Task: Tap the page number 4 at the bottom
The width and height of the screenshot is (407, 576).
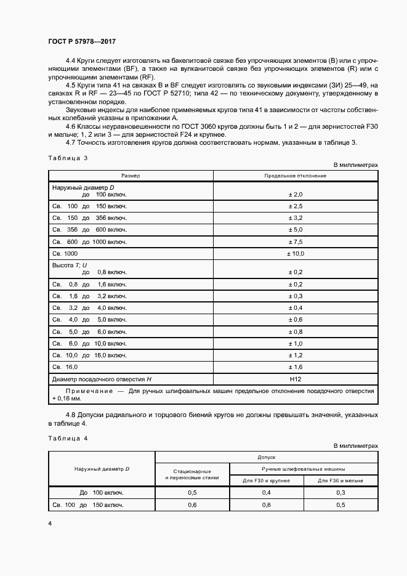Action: (x=50, y=524)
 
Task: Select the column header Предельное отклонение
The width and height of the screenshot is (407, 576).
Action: (x=295, y=176)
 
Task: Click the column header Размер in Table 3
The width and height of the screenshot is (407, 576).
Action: (x=131, y=176)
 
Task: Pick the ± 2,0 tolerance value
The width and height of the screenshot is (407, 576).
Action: (x=296, y=194)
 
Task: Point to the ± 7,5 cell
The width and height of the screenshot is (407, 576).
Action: (x=296, y=241)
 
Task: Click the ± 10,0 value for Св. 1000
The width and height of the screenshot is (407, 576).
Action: (x=296, y=253)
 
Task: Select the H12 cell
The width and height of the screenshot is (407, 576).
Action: (x=296, y=379)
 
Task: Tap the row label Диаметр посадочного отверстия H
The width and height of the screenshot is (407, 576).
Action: (x=102, y=379)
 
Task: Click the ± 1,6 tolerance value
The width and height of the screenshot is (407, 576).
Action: (x=296, y=367)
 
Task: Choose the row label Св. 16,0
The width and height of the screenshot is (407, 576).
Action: (x=63, y=367)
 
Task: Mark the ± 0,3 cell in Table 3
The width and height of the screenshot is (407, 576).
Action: (x=296, y=296)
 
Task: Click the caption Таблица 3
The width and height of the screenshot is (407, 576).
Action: (x=68, y=158)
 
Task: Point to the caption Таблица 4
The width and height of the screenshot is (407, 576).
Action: (x=68, y=438)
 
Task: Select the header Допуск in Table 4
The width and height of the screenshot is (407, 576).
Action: (x=267, y=458)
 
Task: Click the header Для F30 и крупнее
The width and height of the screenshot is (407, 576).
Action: (x=267, y=480)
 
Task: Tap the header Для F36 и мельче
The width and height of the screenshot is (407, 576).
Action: (x=341, y=480)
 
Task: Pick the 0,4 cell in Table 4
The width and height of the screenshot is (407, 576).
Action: (x=267, y=493)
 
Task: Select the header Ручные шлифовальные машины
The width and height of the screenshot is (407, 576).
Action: (x=304, y=469)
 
